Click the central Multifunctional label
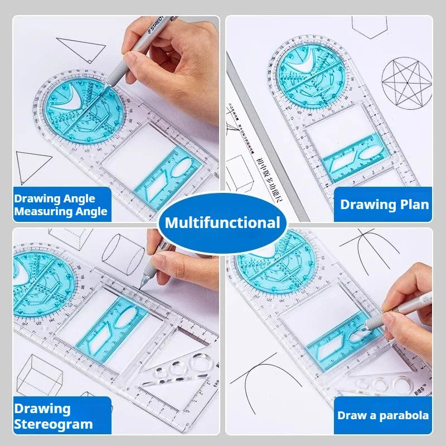click(222, 224)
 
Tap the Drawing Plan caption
click(385, 204)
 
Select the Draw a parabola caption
click(383, 415)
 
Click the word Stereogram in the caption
click(54, 424)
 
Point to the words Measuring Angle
click(60, 211)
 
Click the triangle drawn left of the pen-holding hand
click(81, 50)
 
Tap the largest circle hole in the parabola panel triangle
click(403, 385)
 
